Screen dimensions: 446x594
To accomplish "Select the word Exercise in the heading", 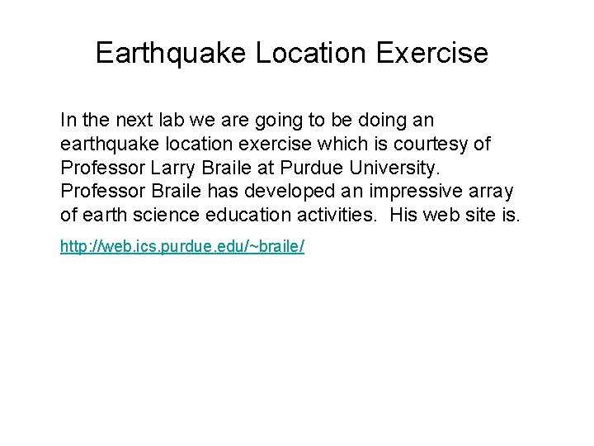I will [x=431, y=53].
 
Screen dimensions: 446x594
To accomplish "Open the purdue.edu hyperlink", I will [x=182, y=247].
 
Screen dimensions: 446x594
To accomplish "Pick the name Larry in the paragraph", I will [x=173, y=168].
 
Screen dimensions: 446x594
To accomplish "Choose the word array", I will [x=491, y=192].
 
